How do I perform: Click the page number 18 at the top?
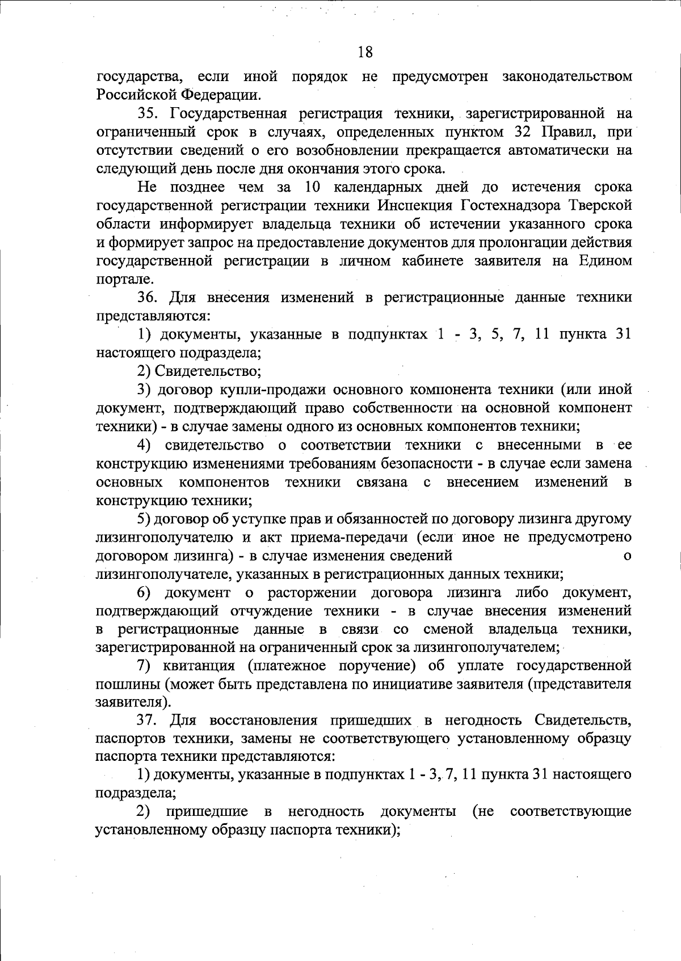point(365,52)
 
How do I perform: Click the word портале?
point(117,280)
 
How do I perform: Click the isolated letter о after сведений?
point(627,556)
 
